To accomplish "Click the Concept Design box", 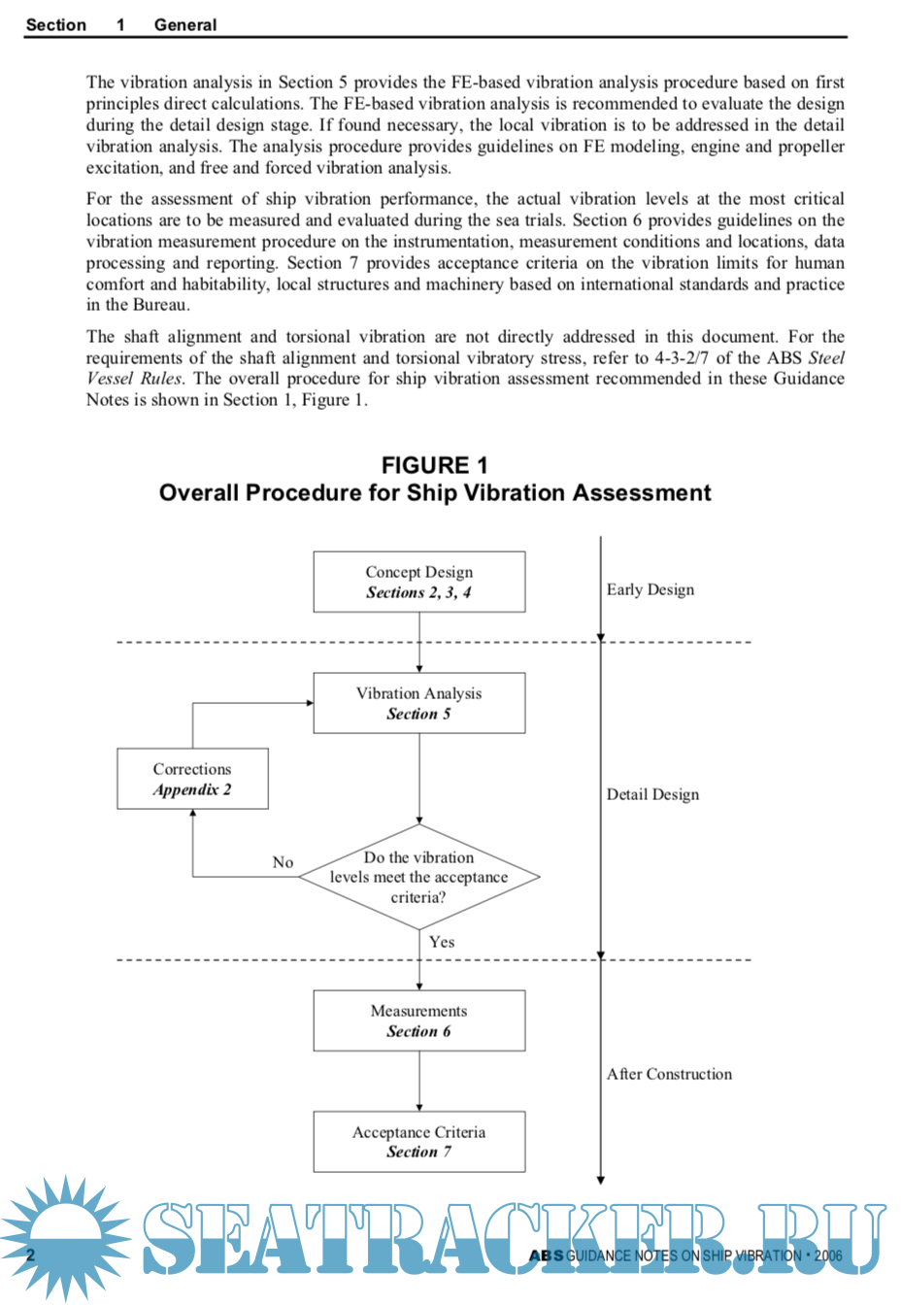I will click(419, 582).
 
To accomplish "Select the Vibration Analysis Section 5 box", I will click(419, 703).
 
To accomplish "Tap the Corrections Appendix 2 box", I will click(192, 779).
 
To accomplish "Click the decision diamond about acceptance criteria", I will click(419, 877).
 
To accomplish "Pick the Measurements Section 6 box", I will click(419, 1021).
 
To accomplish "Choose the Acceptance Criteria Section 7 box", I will click(419, 1142).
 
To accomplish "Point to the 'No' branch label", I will click(283, 862).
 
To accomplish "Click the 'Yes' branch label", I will click(442, 942).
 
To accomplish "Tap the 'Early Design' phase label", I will click(651, 589).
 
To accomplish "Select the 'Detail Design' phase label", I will click(652, 794).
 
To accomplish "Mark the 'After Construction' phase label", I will click(669, 1074).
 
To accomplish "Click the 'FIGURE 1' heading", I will click(434, 465).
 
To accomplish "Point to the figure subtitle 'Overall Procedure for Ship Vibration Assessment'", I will click(435, 493).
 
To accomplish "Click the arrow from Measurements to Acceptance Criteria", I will click(419, 1081).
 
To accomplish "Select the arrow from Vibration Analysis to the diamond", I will click(419, 778).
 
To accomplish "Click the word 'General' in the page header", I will click(185, 24).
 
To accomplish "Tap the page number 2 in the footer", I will click(30, 1255).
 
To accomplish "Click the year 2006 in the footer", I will click(828, 1255).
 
